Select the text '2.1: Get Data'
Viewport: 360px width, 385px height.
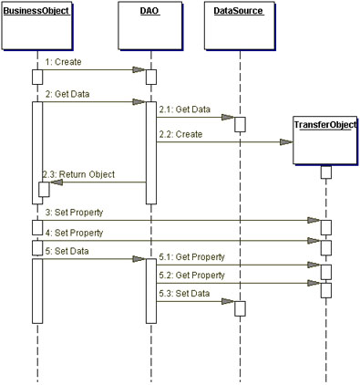pos(183,109)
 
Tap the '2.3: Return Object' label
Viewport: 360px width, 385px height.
pos(75,173)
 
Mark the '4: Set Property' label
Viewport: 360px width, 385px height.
pos(73,233)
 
